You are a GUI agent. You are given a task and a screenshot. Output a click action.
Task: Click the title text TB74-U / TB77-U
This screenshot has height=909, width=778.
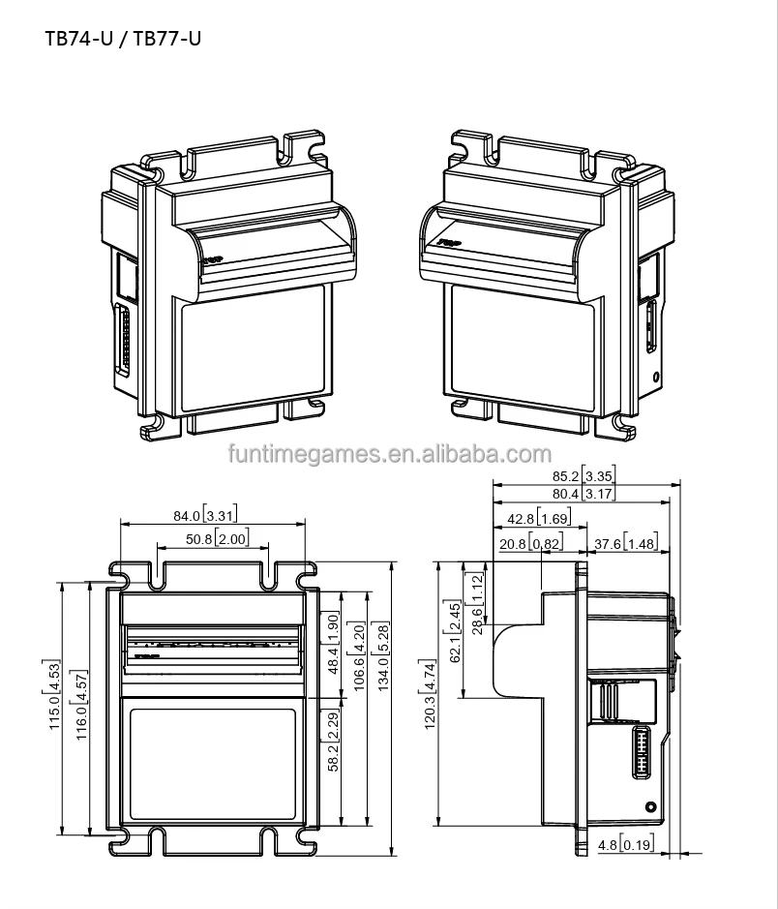coord(123,40)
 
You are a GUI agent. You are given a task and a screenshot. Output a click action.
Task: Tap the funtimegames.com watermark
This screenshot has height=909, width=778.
coord(388,455)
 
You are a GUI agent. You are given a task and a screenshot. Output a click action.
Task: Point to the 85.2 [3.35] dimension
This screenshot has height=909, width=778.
coord(582,475)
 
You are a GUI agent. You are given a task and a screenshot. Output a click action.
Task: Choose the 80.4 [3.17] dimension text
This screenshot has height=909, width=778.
coord(582,495)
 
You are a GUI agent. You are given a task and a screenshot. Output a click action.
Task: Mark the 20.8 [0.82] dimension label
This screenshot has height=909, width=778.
coord(531,544)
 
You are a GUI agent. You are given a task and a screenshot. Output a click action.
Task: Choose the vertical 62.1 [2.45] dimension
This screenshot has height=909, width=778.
coord(455,630)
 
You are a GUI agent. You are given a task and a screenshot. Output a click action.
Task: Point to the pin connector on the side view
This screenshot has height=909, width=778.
coord(640,751)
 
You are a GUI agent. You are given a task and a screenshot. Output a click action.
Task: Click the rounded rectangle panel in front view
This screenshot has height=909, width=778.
coord(212,762)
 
